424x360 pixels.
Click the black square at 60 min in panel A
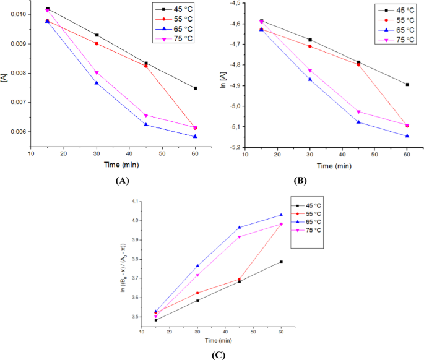[x=195, y=88]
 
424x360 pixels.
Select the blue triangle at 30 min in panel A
[x=97, y=83]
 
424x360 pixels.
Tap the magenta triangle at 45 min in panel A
[x=146, y=116]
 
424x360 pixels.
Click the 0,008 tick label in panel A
[x=17, y=73]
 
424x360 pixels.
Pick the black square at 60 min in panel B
[x=407, y=85]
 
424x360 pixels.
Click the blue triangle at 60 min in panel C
[x=281, y=215]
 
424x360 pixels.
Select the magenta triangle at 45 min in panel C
[x=240, y=237]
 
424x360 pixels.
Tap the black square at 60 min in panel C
[x=281, y=262]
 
